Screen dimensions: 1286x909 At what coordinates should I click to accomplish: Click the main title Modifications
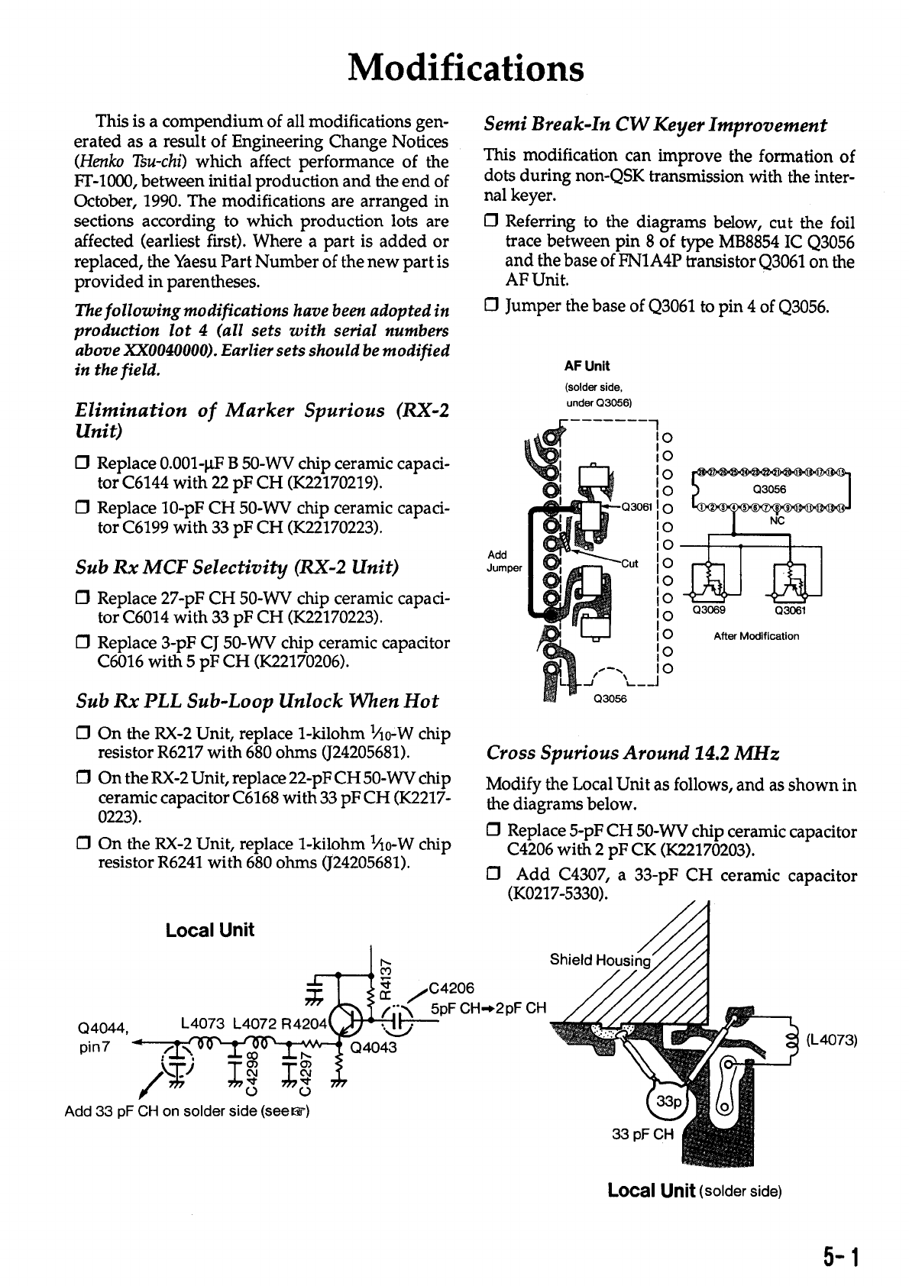(465, 68)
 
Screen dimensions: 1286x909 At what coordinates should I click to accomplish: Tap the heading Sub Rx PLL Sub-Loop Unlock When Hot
(257, 701)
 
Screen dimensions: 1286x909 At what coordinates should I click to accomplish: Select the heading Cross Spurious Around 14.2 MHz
(633, 754)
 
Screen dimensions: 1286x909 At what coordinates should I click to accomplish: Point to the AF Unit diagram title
(587, 366)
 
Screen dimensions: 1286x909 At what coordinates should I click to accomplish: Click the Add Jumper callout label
(503, 561)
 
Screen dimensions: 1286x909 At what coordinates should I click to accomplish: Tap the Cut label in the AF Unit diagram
(629, 564)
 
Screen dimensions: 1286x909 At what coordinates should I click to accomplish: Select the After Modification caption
(756, 636)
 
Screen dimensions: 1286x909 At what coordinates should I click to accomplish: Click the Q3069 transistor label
(708, 609)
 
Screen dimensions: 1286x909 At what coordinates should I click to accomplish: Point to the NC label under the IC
(777, 521)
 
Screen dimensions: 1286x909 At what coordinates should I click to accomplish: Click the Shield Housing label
(600, 960)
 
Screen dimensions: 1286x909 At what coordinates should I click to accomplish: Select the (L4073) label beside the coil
(833, 1039)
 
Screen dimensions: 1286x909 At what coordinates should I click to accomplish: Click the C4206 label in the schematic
(453, 989)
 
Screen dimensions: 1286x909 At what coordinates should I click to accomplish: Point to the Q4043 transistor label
(374, 1047)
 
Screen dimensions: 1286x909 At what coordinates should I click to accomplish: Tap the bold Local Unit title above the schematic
(209, 929)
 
